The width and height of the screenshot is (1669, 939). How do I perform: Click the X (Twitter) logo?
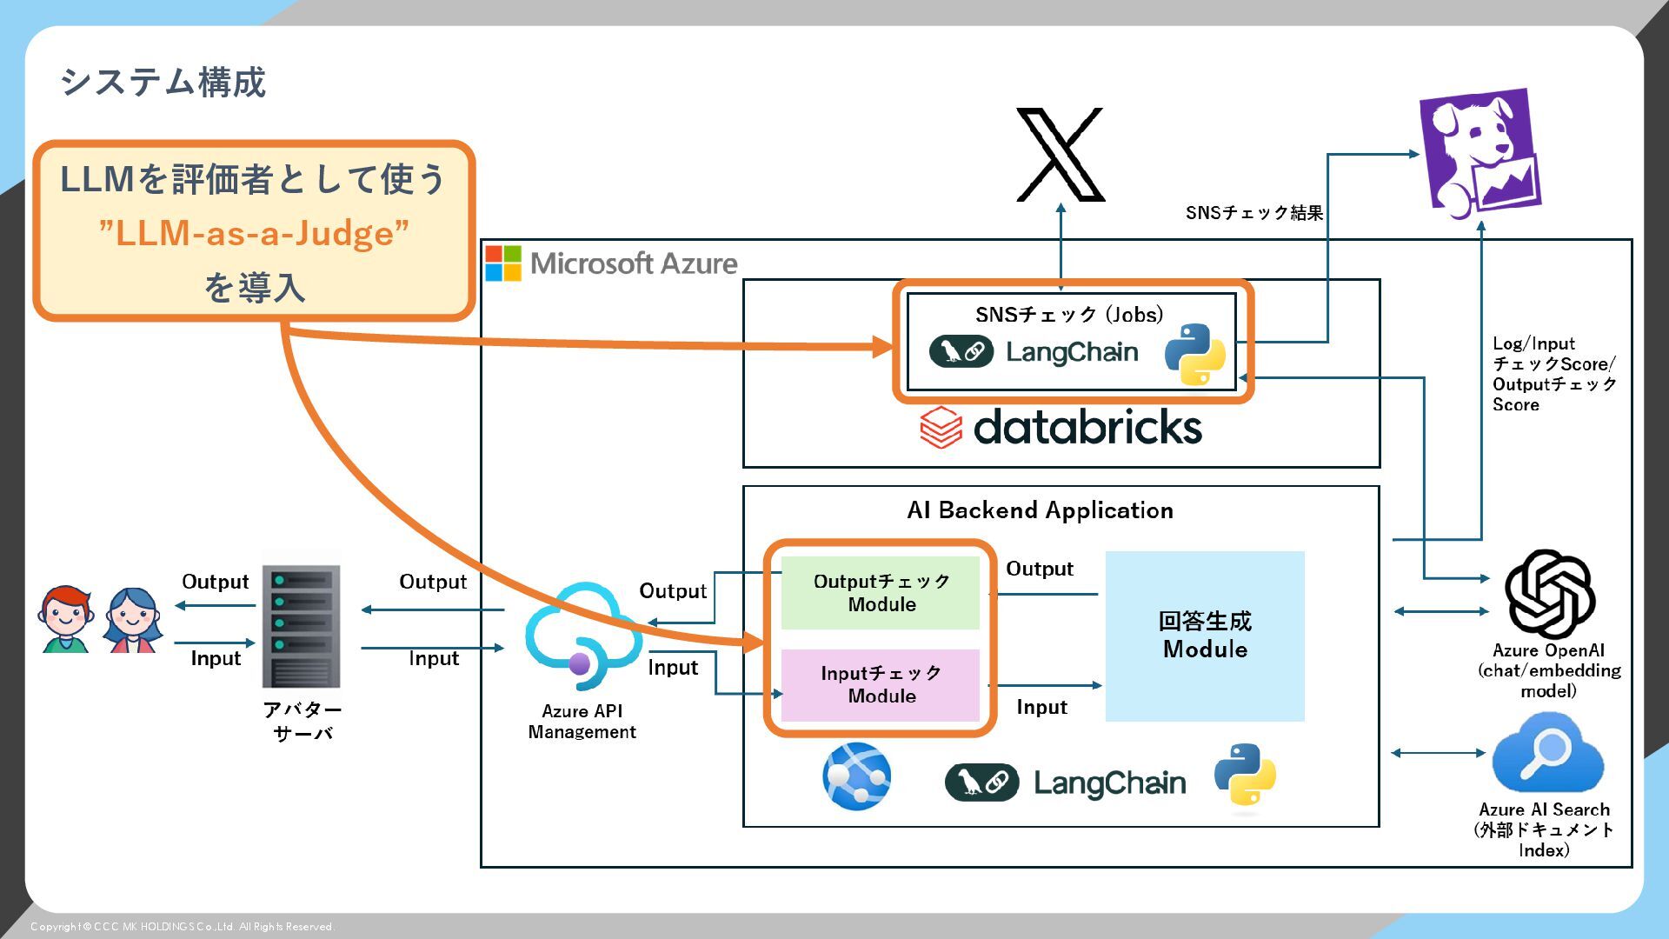click(x=1061, y=154)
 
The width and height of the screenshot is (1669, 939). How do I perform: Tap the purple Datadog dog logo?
click(x=1479, y=151)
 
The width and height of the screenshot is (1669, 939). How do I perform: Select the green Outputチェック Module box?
click(x=881, y=593)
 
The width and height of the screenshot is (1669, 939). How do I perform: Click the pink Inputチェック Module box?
click(x=881, y=685)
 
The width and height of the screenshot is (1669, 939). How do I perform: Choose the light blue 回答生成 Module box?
click(x=1205, y=636)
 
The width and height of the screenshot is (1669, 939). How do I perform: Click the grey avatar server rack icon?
click(x=302, y=626)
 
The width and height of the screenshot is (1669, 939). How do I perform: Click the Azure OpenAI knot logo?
click(x=1549, y=595)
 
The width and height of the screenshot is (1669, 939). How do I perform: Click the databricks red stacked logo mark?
click(x=941, y=427)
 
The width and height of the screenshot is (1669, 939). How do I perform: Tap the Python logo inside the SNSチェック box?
click(x=1194, y=354)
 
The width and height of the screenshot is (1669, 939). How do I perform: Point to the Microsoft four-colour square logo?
click(x=503, y=263)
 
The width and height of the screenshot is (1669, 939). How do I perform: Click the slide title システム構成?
click(x=163, y=83)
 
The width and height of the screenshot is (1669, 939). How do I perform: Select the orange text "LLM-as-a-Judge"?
click(x=254, y=233)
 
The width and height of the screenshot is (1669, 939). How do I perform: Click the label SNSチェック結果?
click(x=1253, y=213)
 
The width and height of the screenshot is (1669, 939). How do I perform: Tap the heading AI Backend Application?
click(x=1040, y=510)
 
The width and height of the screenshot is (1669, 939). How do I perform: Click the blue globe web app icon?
click(x=856, y=776)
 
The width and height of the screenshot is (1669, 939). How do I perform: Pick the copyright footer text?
click(x=183, y=927)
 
